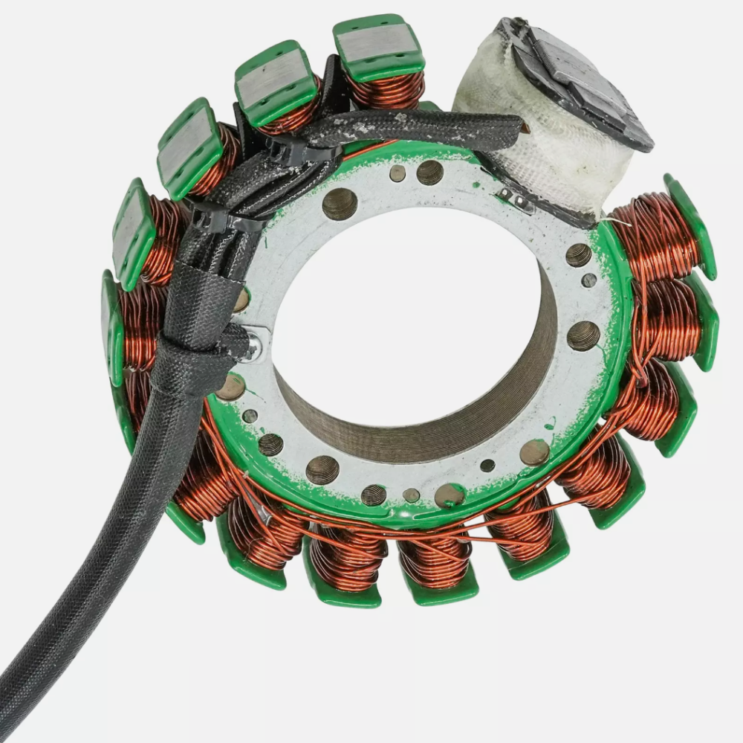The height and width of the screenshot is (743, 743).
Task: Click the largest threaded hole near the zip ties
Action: coord(340,203)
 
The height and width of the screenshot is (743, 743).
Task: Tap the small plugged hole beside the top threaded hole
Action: coord(398,173)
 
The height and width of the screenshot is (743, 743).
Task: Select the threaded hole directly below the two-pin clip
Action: coord(578,255)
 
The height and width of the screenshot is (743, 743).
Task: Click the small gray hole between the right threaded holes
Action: coord(588,280)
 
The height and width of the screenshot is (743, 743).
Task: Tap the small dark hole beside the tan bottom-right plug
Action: coord(487,466)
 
